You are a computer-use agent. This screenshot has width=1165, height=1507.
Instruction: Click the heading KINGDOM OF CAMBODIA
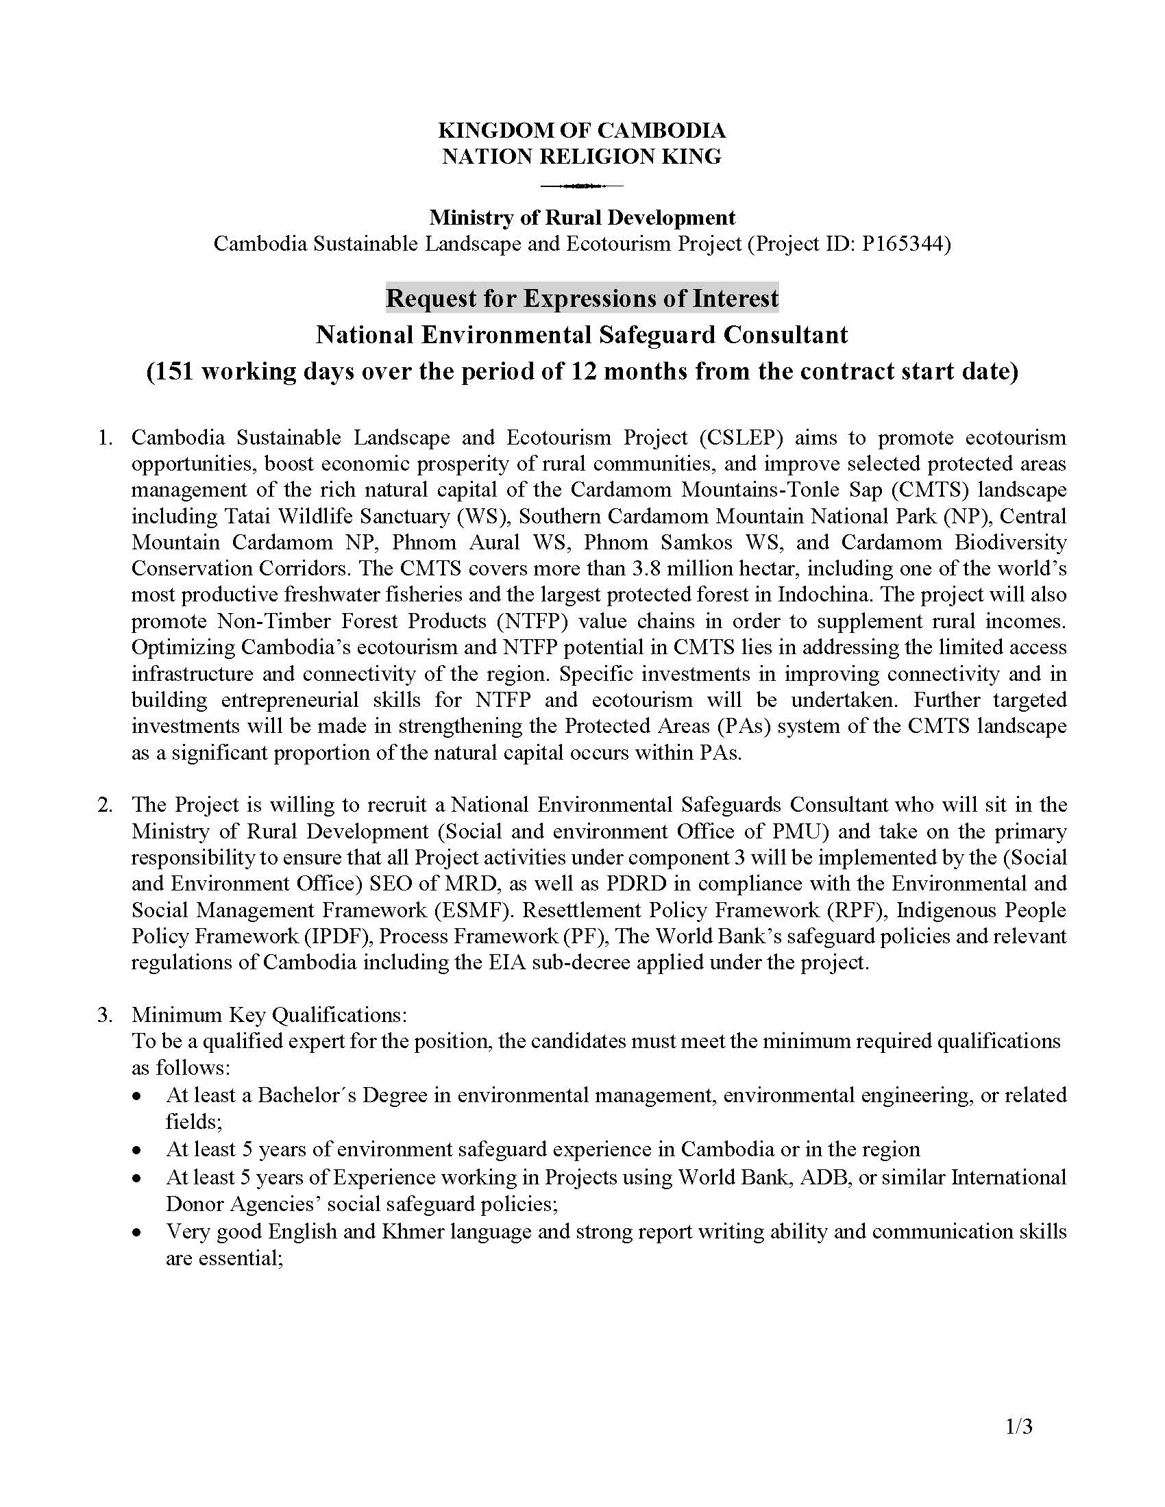[582, 129]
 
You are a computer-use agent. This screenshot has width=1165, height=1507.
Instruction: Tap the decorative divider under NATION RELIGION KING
[582, 186]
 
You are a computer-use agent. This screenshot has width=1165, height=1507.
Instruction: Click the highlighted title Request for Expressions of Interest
[582, 298]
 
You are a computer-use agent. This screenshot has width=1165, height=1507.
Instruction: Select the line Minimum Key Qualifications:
[270, 1015]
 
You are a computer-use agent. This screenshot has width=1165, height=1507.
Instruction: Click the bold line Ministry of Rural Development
[582, 217]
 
